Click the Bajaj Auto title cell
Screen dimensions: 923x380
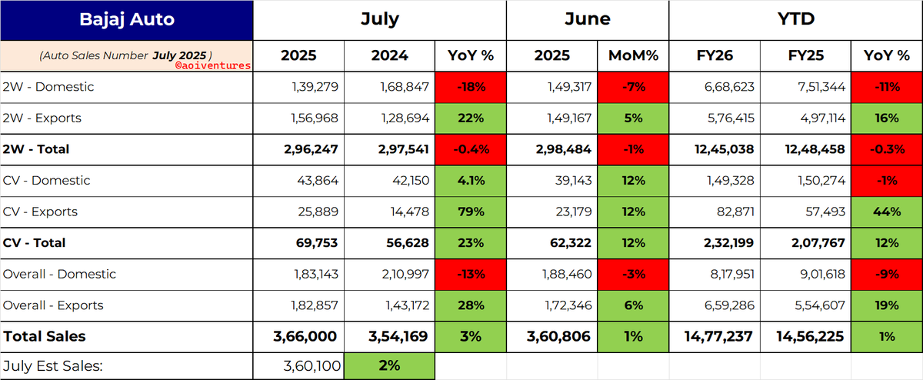(x=126, y=20)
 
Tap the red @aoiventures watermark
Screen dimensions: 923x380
(x=213, y=65)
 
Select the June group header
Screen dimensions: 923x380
(x=588, y=19)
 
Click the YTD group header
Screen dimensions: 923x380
(x=795, y=19)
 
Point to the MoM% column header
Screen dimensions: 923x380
(x=633, y=55)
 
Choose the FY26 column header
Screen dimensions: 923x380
(x=715, y=55)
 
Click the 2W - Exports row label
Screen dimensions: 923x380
(x=42, y=118)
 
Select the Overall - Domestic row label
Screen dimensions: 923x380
(x=59, y=274)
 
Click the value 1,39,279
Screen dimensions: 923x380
(x=315, y=87)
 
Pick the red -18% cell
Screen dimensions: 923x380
(x=471, y=88)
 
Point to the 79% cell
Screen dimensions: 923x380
(x=471, y=212)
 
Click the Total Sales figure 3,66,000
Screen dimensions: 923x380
(x=305, y=337)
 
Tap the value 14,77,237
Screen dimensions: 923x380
(x=718, y=337)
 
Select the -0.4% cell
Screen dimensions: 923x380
(x=471, y=149)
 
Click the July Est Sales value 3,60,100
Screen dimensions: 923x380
(x=312, y=366)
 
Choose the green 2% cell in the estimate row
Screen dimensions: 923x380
(x=389, y=366)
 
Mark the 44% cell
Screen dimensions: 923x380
(x=886, y=212)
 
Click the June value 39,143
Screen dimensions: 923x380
(x=573, y=181)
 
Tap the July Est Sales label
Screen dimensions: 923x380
(x=53, y=366)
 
